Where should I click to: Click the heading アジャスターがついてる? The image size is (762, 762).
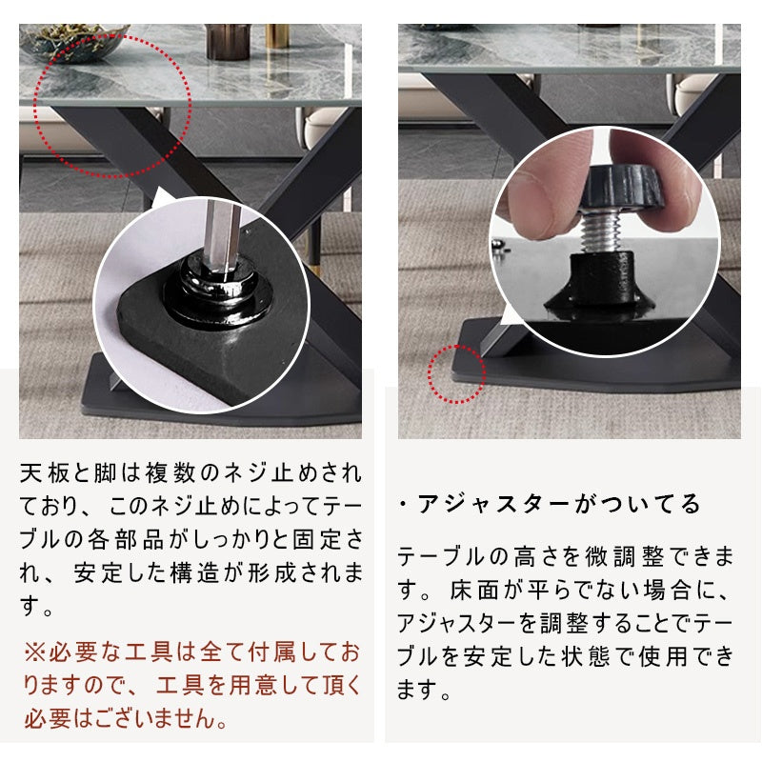coord(559,504)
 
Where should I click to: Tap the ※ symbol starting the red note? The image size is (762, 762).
coord(35,652)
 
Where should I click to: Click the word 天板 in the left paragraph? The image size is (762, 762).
coord(45,472)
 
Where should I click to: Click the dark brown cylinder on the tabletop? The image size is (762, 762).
coord(228,42)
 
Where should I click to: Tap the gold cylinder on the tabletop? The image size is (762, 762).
coord(277,36)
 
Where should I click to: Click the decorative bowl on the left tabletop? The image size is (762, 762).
coord(74,43)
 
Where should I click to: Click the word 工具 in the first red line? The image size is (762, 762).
coord(150,652)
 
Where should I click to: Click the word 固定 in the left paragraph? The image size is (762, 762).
coord(317,539)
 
